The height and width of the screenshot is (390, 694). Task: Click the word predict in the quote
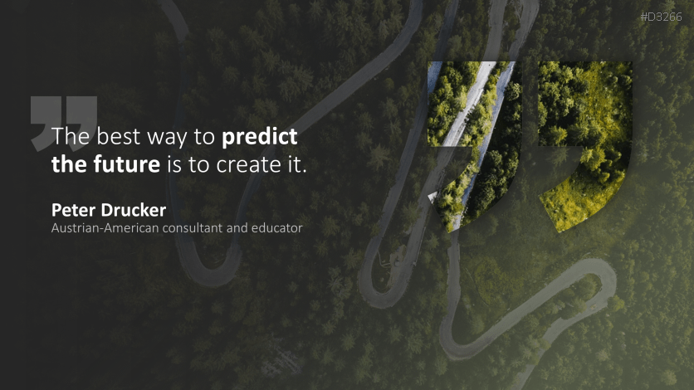point(259,138)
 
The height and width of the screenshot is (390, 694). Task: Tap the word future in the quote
point(126,164)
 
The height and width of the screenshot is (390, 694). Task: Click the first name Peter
point(74,210)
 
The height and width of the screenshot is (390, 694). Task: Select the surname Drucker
point(133,210)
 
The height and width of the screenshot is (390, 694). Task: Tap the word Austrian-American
point(105,228)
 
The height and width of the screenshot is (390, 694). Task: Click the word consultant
point(192,228)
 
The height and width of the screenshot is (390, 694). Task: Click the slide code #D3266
point(662,17)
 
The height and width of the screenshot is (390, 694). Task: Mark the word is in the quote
point(174,164)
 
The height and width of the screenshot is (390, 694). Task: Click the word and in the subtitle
point(237,228)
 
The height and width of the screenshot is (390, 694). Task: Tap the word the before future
point(69,164)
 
